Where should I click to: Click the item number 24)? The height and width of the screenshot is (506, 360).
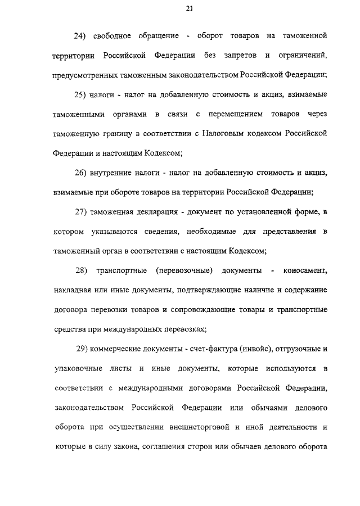83,36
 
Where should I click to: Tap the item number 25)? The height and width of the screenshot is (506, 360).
83,94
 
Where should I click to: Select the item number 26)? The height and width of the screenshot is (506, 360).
83,173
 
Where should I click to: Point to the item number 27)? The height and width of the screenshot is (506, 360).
83,211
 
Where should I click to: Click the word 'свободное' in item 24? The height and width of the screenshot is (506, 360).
115,36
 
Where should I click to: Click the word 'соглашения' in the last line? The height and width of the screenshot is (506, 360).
177,446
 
